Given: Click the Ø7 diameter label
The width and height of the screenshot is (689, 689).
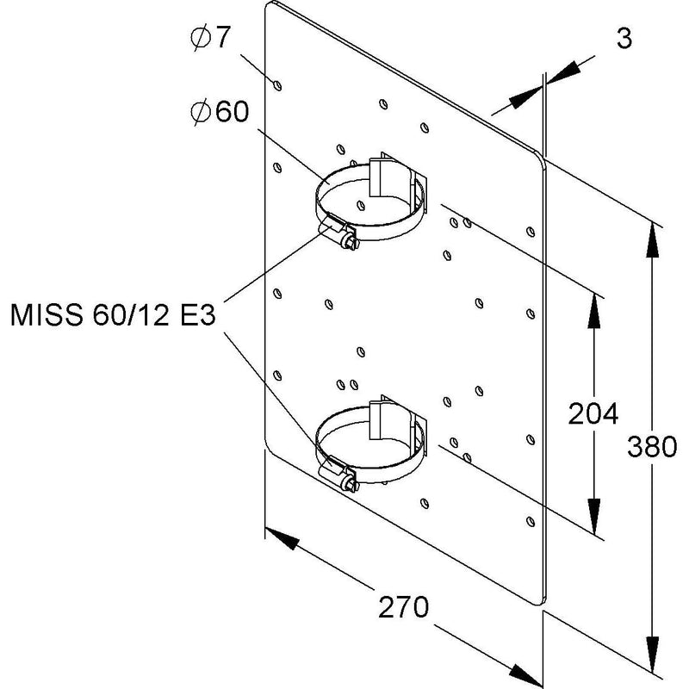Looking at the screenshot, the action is (210, 38).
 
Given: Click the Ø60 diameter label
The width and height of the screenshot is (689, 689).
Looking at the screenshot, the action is (220, 112).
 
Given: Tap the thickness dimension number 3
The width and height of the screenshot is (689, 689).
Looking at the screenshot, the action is (624, 38).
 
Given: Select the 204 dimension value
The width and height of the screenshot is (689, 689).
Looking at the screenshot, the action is (593, 413).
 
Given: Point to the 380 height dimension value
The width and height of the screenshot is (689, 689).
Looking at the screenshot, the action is (652, 446).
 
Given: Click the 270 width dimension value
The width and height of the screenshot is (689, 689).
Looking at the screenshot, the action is (403, 607).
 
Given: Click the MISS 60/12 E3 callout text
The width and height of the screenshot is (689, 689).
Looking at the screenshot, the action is (113, 315).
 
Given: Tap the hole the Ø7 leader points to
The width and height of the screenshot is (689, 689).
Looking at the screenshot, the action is (277, 85).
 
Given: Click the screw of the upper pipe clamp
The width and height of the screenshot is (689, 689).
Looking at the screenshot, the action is (351, 241).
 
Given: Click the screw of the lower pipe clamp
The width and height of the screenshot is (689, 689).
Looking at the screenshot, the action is (351, 483).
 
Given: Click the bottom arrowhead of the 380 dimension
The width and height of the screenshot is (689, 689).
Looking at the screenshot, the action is (653, 655).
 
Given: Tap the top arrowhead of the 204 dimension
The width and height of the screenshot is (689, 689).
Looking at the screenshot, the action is (594, 310).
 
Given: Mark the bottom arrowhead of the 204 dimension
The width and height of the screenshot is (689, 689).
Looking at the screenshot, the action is (594, 517).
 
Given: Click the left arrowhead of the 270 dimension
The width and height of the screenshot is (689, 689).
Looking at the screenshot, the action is (282, 537).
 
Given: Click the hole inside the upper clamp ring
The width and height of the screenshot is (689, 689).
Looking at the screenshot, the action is (361, 205).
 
